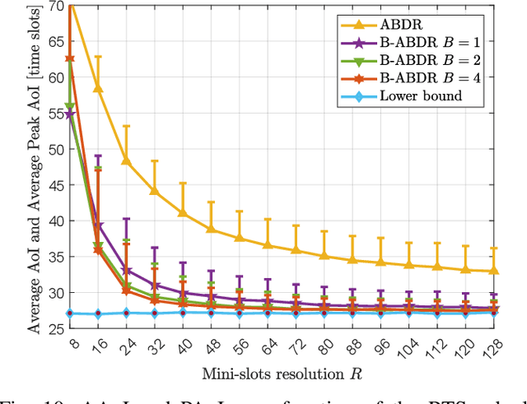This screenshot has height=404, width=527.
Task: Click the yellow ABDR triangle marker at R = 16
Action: pos(99,88)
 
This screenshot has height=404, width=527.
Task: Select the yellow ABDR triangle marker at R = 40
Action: pos(182,212)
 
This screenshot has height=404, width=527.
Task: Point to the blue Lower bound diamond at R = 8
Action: pos(71,313)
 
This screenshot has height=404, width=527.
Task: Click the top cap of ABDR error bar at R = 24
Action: pos(126,126)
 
